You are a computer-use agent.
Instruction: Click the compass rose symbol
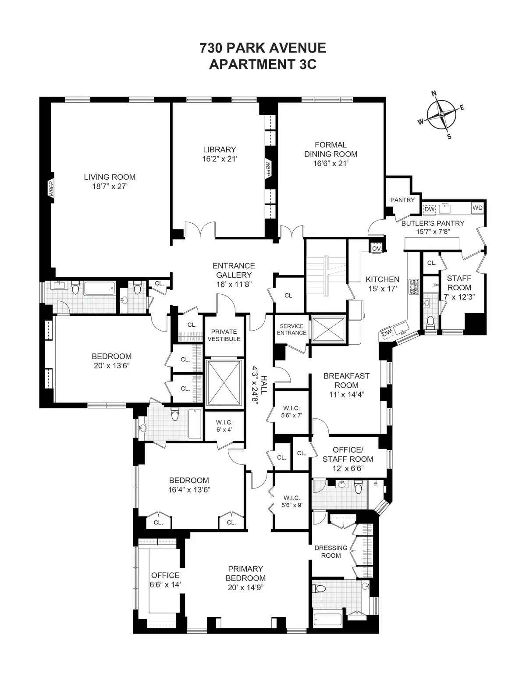[441, 114]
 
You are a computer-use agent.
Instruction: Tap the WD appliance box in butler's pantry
[477, 208]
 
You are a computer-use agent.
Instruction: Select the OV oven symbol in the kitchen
[376, 248]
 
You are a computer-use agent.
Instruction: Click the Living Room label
[110, 177]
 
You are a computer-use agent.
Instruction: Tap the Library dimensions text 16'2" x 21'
[219, 159]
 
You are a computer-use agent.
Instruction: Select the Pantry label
[402, 200]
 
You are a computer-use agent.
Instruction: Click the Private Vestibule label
[224, 335]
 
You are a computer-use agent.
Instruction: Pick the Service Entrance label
[291, 329]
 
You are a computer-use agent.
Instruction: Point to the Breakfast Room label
[346, 381]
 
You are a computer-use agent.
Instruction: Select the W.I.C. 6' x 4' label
[224, 426]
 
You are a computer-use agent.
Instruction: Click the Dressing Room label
[331, 552]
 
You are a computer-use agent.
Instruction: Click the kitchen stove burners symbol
[413, 287]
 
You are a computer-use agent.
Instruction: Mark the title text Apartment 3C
[263, 64]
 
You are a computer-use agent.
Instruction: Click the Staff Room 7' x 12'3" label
[459, 288]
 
